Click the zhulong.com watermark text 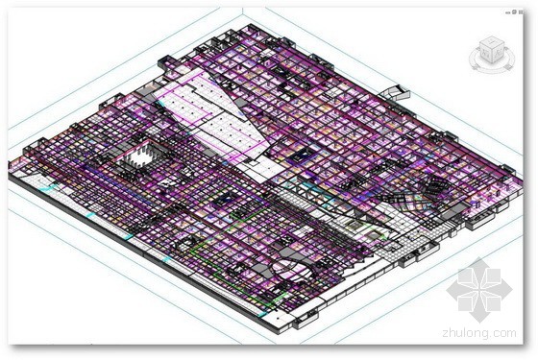pyautogui.click(x=479, y=332)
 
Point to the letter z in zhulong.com pyautogui.click(x=446, y=333)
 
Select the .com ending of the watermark pyautogui.click(x=503, y=333)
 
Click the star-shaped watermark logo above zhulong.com pyautogui.click(x=478, y=290)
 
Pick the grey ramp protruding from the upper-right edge pyautogui.click(x=395, y=92)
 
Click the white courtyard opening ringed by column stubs pyautogui.click(x=140, y=156)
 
